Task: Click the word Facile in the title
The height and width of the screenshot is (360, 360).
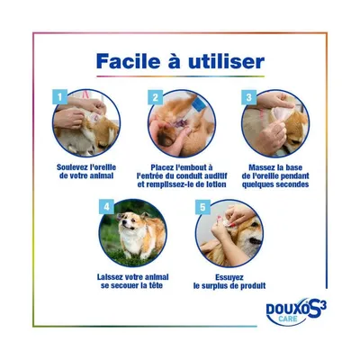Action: (x=129, y=61)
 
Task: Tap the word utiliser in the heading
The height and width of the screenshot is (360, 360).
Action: (x=226, y=61)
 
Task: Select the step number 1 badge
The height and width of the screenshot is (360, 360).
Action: (x=60, y=97)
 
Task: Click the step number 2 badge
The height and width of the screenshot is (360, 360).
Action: (x=156, y=97)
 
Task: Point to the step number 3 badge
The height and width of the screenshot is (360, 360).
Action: (x=249, y=97)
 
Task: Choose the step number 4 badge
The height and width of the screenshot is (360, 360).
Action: (x=106, y=207)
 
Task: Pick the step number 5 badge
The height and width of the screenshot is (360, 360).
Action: (x=202, y=207)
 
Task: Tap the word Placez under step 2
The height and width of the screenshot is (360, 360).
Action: (x=162, y=167)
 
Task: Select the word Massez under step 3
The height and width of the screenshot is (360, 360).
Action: (x=260, y=167)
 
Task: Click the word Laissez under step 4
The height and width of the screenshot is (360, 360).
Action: (x=109, y=277)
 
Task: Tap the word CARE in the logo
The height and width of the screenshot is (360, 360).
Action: (x=287, y=319)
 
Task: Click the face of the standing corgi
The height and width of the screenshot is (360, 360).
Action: (x=126, y=221)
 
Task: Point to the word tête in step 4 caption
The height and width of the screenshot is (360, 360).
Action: (x=156, y=285)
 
